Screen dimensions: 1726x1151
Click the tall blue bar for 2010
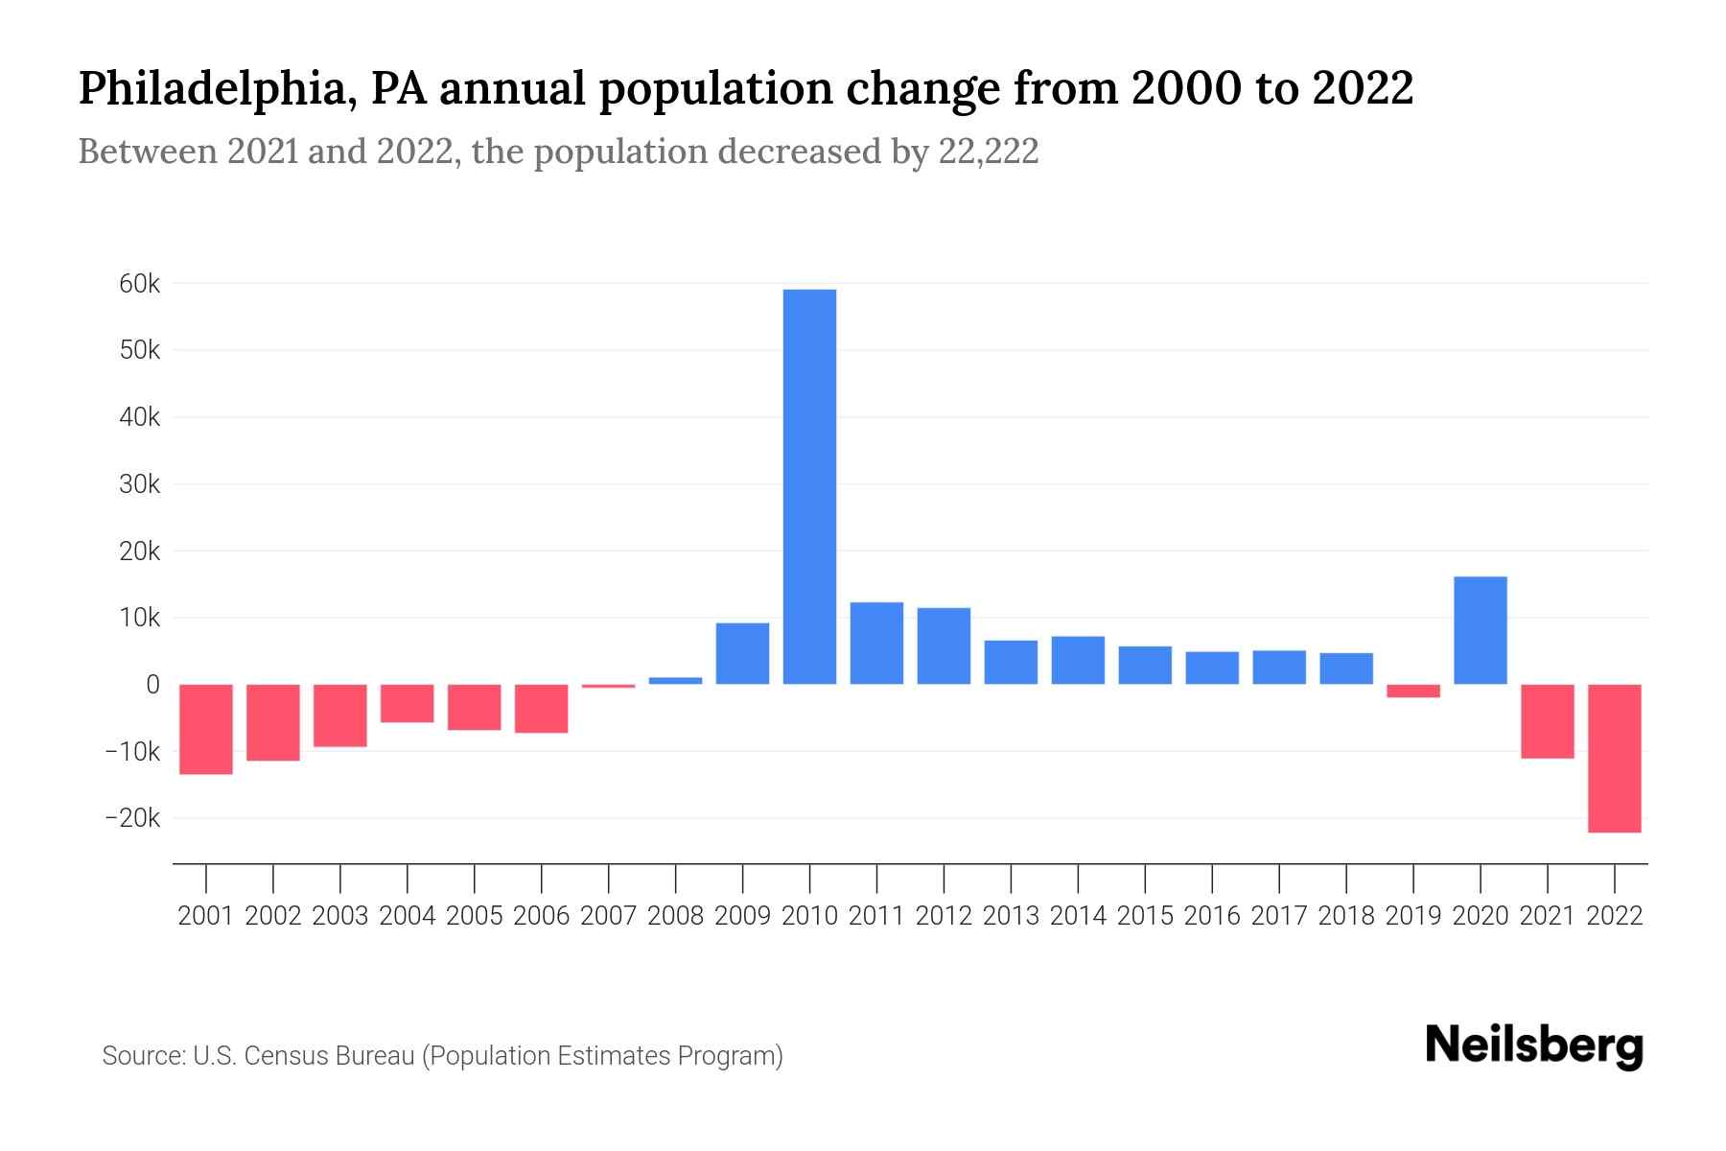click(x=809, y=486)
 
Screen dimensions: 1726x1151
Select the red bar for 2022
click(x=1615, y=758)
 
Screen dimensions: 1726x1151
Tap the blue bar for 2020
click(x=1481, y=630)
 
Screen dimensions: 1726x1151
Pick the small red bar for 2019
click(x=1413, y=691)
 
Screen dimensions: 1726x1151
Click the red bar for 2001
click(x=206, y=729)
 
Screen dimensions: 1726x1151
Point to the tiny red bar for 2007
click(x=609, y=686)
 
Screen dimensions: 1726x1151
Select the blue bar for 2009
click(x=742, y=653)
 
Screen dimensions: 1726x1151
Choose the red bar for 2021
click(x=1548, y=721)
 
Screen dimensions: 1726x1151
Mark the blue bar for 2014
click(x=1078, y=660)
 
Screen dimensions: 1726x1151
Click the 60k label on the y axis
click(x=140, y=284)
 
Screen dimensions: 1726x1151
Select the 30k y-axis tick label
click(x=140, y=484)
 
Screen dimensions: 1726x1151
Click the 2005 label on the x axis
click(x=475, y=916)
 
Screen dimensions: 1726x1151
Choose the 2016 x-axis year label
click(x=1212, y=916)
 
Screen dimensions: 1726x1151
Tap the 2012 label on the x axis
click(x=944, y=916)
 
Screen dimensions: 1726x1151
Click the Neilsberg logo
click(x=1534, y=1047)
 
